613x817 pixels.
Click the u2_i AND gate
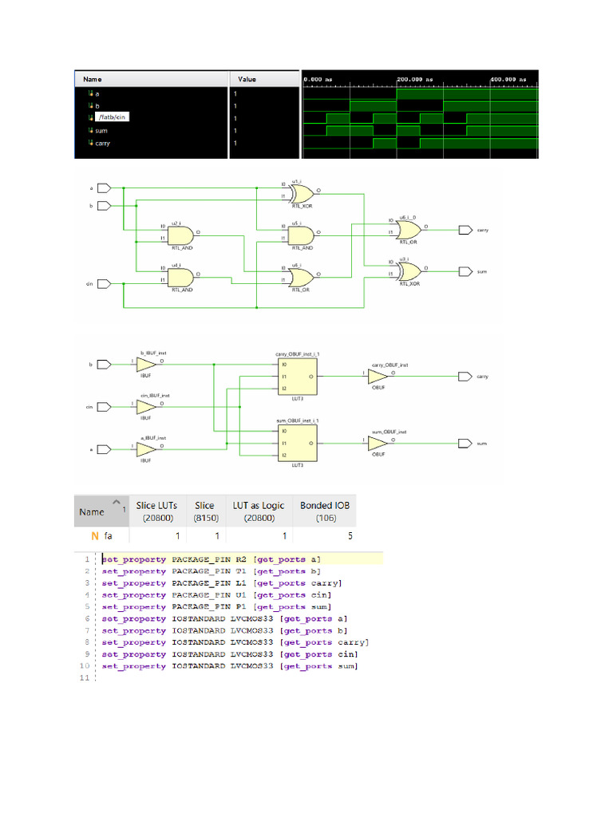click(180, 235)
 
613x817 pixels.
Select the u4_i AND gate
click(180, 277)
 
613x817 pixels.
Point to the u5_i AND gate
click(300, 235)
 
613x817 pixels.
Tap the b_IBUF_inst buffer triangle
click(146, 365)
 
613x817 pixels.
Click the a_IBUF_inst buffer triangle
click(146, 448)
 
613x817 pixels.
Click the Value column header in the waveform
click(247, 79)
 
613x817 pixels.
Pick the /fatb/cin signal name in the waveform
click(113, 117)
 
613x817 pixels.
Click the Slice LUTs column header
click(156, 511)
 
